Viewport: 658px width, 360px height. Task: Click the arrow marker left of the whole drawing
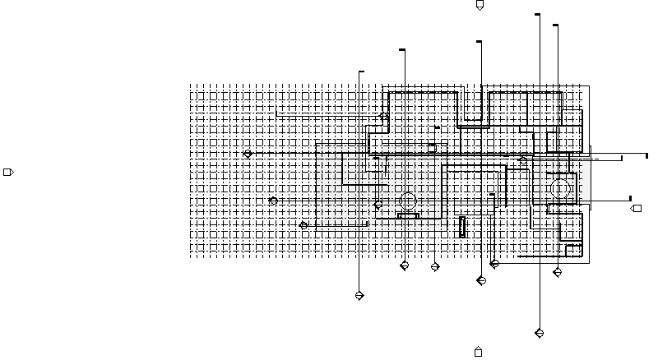(x=9, y=172)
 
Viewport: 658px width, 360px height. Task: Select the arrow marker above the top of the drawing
(x=480, y=6)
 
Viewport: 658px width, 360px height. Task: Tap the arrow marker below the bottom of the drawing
(x=478, y=352)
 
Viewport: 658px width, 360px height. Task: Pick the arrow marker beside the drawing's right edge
(x=636, y=209)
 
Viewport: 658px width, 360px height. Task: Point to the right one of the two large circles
(x=561, y=189)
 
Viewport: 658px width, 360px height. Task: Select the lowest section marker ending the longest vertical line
(x=540, y=333)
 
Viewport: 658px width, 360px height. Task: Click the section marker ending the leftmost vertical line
(x=359, y=295)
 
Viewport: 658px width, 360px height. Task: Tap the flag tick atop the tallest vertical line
(x=538, y=15)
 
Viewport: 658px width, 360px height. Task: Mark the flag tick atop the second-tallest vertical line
(x=556, y=25)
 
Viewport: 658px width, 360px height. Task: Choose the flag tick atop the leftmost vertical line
(x=361, y=72)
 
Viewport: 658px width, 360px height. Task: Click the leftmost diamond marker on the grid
(x=248, y=154)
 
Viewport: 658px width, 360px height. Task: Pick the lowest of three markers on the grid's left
(x=304, y=225)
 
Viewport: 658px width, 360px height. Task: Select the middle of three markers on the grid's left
(x=274, y=201)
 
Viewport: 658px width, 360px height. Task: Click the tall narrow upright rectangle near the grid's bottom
(x=462, y=227)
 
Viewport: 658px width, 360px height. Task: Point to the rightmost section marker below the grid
(x=558, y=272)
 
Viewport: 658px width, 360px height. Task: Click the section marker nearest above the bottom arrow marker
(x=481, y=280)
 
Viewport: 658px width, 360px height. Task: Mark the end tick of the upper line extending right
(x=646, y=155)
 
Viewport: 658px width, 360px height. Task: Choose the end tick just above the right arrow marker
(x=629, y=198)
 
